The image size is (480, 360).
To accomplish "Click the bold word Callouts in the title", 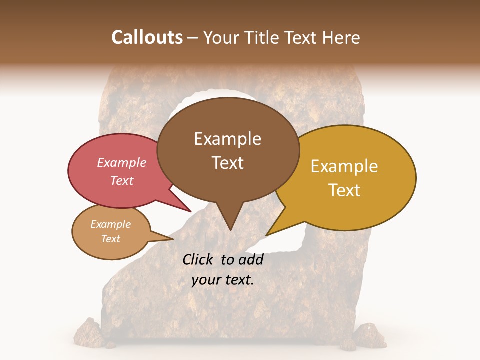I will tap(147, 37).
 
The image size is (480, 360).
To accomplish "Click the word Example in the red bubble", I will tap(122, 162).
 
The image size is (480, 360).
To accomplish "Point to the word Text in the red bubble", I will tap(122, 180).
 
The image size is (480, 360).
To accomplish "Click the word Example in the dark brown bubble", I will tap(227, 139).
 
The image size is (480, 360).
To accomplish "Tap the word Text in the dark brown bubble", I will tap(228, 163).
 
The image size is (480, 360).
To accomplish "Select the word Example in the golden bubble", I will tap(344, 166).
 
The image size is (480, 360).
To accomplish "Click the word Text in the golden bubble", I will tap(344, 190).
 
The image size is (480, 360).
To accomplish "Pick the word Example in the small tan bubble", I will tap(110, 224).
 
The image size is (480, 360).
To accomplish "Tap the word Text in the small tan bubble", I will tap(110, 239).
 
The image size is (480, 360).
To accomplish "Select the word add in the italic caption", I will tap(251, 259).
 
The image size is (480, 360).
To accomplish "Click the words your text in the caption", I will tap(223, 280).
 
